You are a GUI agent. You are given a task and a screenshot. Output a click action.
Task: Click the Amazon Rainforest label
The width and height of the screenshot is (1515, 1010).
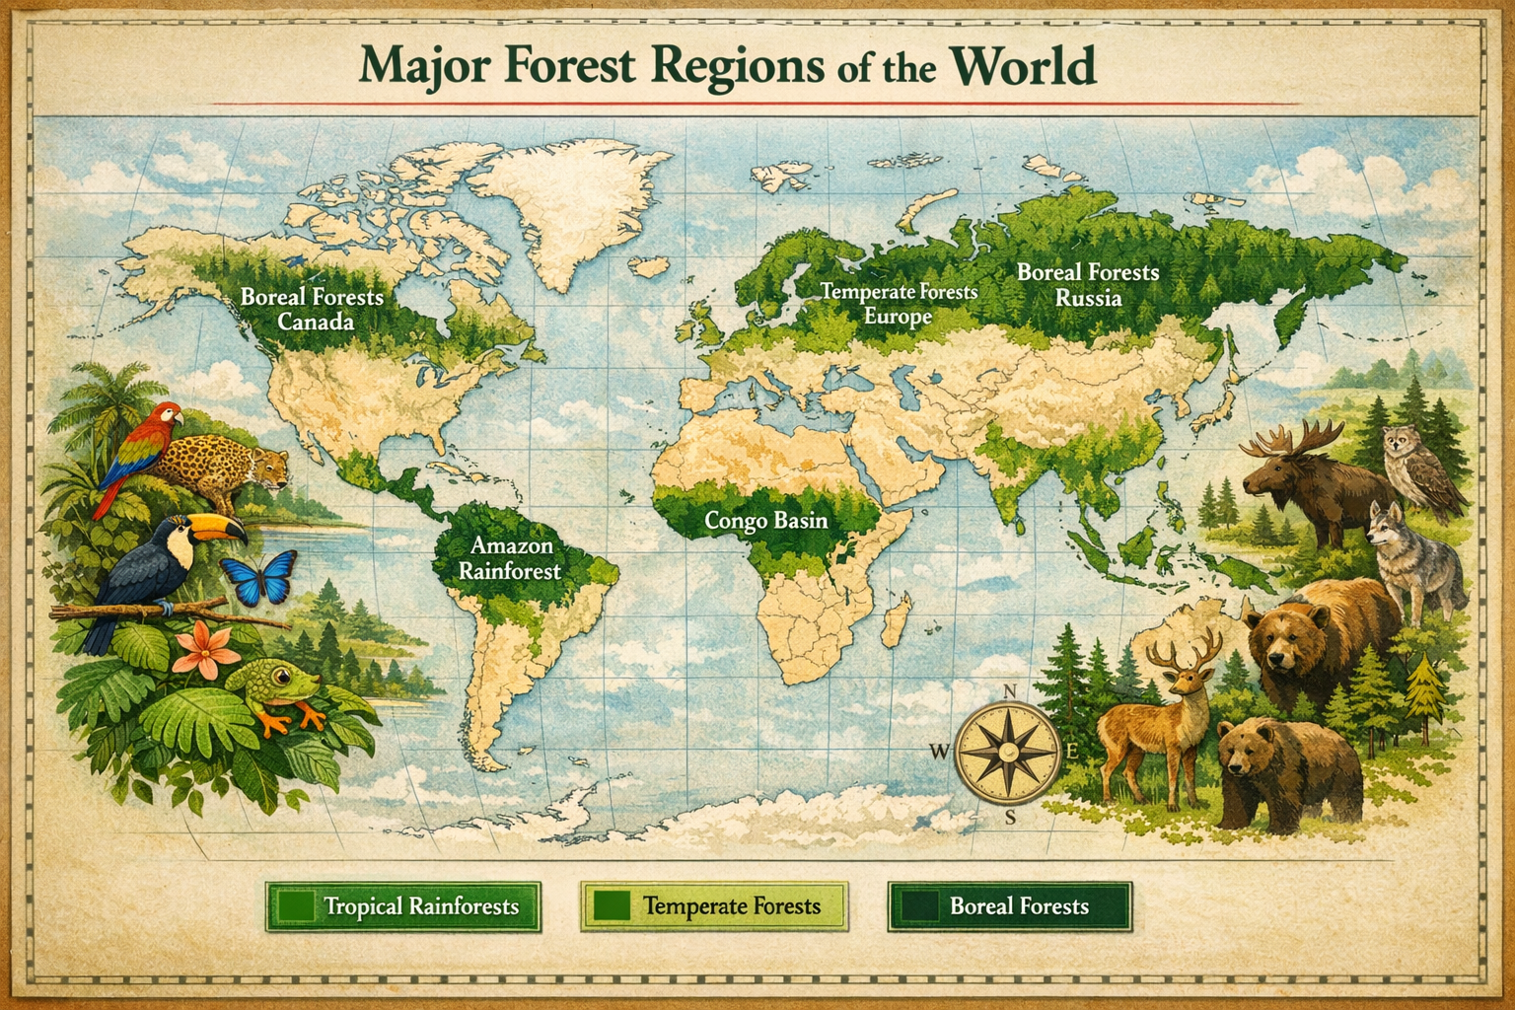[509, 557]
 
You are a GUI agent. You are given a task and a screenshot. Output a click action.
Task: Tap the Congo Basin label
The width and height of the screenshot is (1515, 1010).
[765, 520]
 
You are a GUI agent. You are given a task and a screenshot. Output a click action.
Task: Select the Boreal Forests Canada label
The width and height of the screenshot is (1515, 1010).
[313, 308]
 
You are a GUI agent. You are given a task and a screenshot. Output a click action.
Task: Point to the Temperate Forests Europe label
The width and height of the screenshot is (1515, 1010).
[899, 304]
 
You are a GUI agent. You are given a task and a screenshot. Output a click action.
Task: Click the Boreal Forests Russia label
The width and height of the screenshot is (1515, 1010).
[1088, 284]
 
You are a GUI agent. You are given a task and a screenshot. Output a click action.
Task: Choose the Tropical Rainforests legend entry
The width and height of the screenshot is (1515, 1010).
[402, 905]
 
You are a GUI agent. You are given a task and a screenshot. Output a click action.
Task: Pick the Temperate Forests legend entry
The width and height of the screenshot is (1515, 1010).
[714, 905]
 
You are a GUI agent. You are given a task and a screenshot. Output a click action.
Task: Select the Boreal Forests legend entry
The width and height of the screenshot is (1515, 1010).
[1009, 905]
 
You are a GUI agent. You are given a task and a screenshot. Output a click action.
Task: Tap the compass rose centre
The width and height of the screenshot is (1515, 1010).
[1009, 752]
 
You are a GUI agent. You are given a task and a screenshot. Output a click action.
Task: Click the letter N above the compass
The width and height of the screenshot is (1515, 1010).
[1009, 691]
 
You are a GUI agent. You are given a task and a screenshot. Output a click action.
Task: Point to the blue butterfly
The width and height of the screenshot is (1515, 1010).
[260, 577]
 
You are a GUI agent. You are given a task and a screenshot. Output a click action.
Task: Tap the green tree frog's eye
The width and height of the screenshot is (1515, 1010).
[282, 677]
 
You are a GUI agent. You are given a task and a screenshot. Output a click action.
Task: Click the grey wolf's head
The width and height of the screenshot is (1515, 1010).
[1389, 522]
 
